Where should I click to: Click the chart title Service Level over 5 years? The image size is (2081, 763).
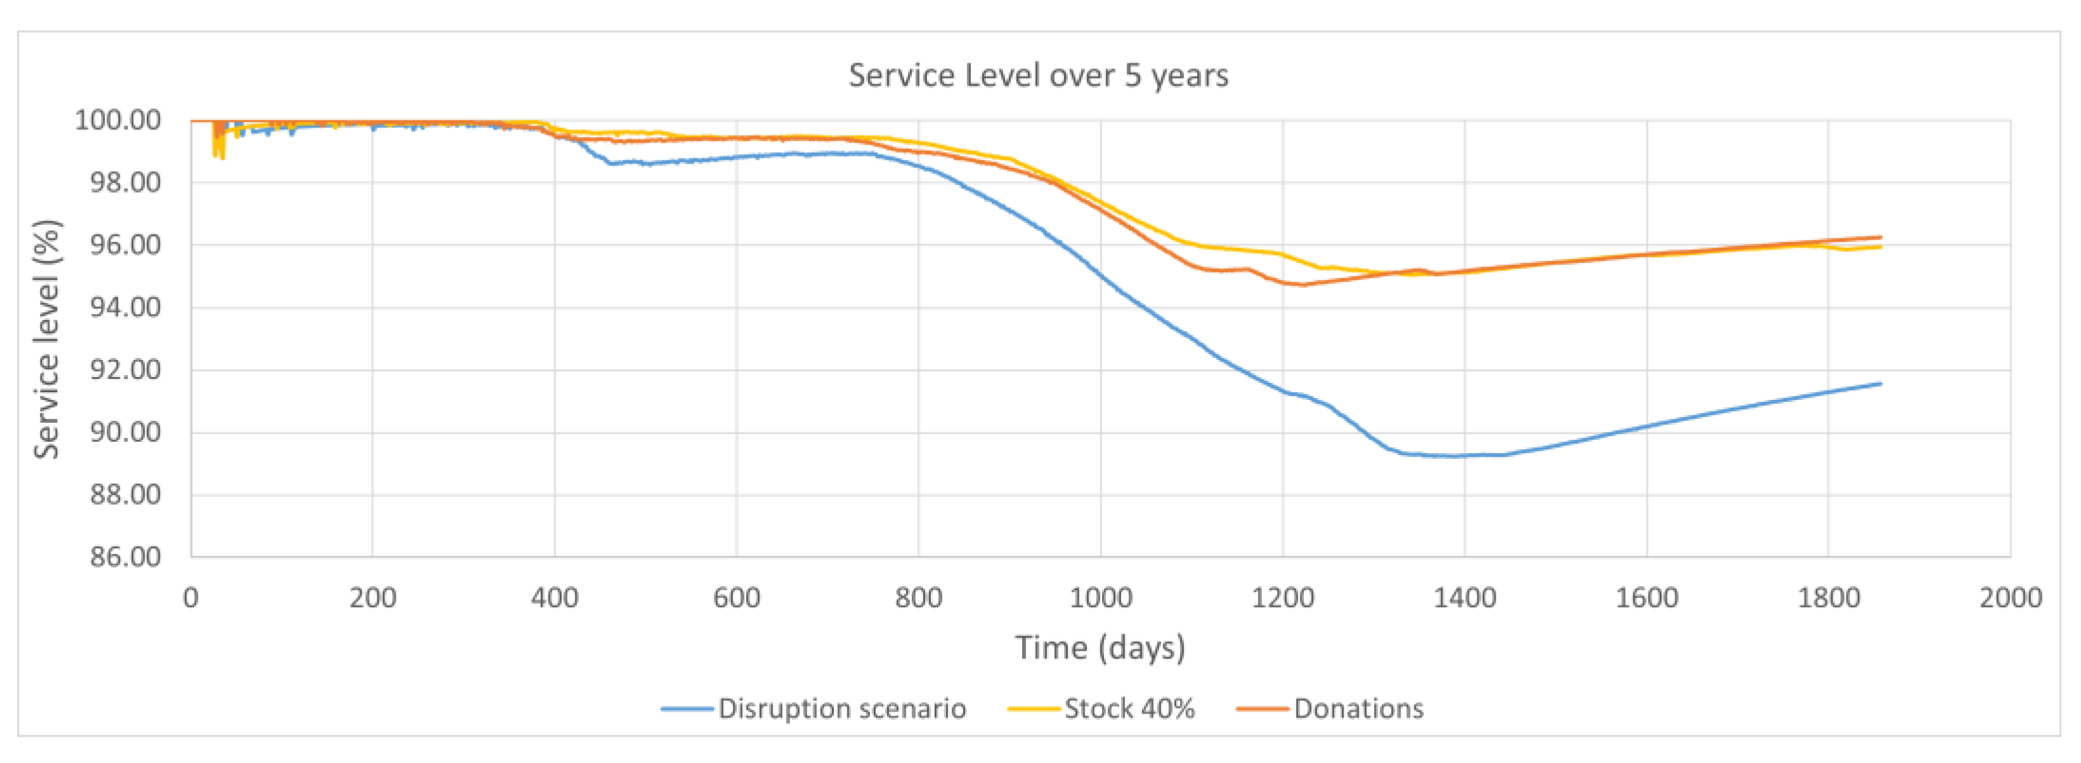1038,75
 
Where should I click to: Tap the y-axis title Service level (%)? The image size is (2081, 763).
47,339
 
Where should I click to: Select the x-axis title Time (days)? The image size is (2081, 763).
1099,648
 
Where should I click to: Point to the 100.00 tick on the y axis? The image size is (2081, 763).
118,120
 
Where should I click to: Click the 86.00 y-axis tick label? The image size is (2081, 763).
125,556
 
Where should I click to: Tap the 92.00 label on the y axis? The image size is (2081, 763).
125,370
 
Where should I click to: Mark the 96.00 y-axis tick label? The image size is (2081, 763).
125,245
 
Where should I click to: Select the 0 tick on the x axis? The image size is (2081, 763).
191,598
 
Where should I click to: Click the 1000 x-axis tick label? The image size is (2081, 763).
1100,598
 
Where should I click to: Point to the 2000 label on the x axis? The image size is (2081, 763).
2010,598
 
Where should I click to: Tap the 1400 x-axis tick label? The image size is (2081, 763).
1465,598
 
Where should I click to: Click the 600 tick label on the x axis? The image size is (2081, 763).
736,598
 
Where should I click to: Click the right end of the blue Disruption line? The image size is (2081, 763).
1881,383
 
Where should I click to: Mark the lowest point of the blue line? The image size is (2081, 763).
1454,456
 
